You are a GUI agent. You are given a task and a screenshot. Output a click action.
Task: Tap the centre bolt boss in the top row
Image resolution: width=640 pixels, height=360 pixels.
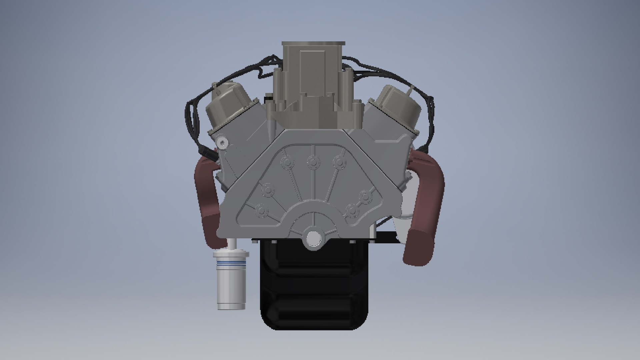pos(313,162)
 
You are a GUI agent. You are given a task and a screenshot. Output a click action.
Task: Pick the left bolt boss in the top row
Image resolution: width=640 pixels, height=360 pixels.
pos(286,162)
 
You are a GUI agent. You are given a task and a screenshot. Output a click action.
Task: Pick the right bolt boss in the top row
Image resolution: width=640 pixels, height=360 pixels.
pos(339,162)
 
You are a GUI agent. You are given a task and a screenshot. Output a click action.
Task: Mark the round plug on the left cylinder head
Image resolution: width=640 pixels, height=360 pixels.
pos(222,143)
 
